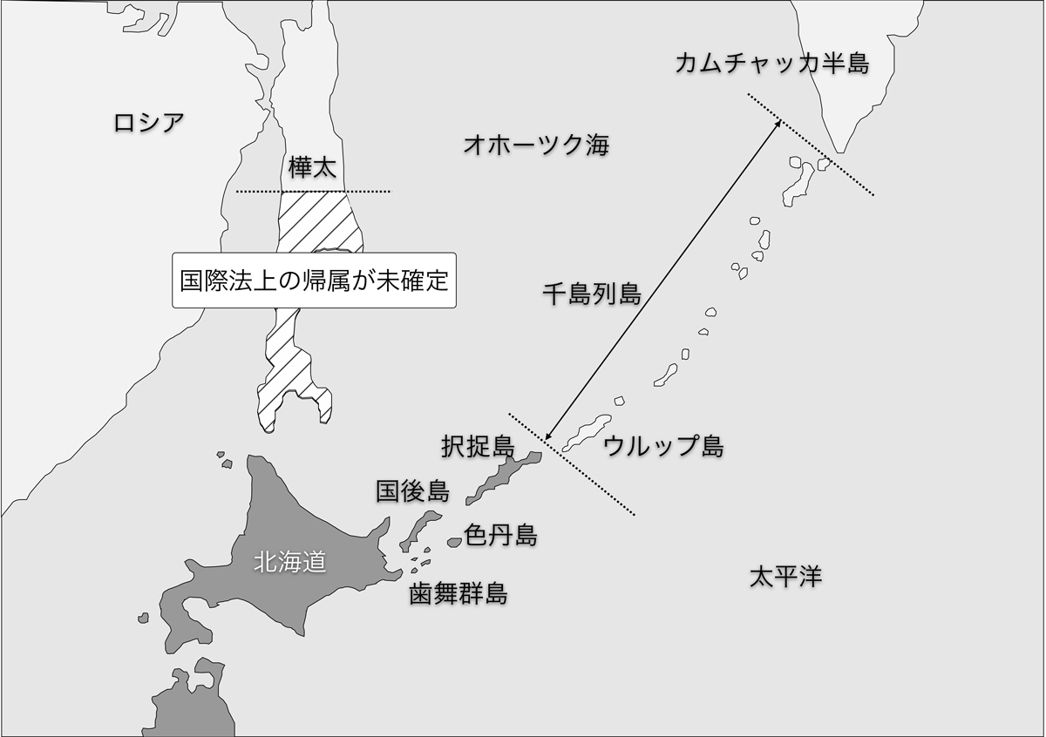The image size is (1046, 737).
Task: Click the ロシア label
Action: tap(149, 122)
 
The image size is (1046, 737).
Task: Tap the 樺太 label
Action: tap(311, 167)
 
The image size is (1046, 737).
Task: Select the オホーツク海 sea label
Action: tap(536, 145)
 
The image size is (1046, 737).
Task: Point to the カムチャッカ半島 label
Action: tap(771, 63)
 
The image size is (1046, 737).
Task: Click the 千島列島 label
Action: tap(592, 294)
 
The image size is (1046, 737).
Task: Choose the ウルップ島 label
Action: tap(663, 447)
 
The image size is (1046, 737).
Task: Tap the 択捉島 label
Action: tap(478, 446)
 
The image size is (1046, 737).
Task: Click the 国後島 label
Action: tap(413, 491)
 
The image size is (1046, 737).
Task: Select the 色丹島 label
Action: tap(500, 535)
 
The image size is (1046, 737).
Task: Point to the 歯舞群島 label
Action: tap(458, 594)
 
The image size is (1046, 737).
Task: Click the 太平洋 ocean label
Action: tap(785, 576)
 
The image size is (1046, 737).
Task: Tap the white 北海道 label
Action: tap(289, 563)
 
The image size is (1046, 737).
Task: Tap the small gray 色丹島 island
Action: tap(454, 542)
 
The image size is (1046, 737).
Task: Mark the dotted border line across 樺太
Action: tap(314, 191)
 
